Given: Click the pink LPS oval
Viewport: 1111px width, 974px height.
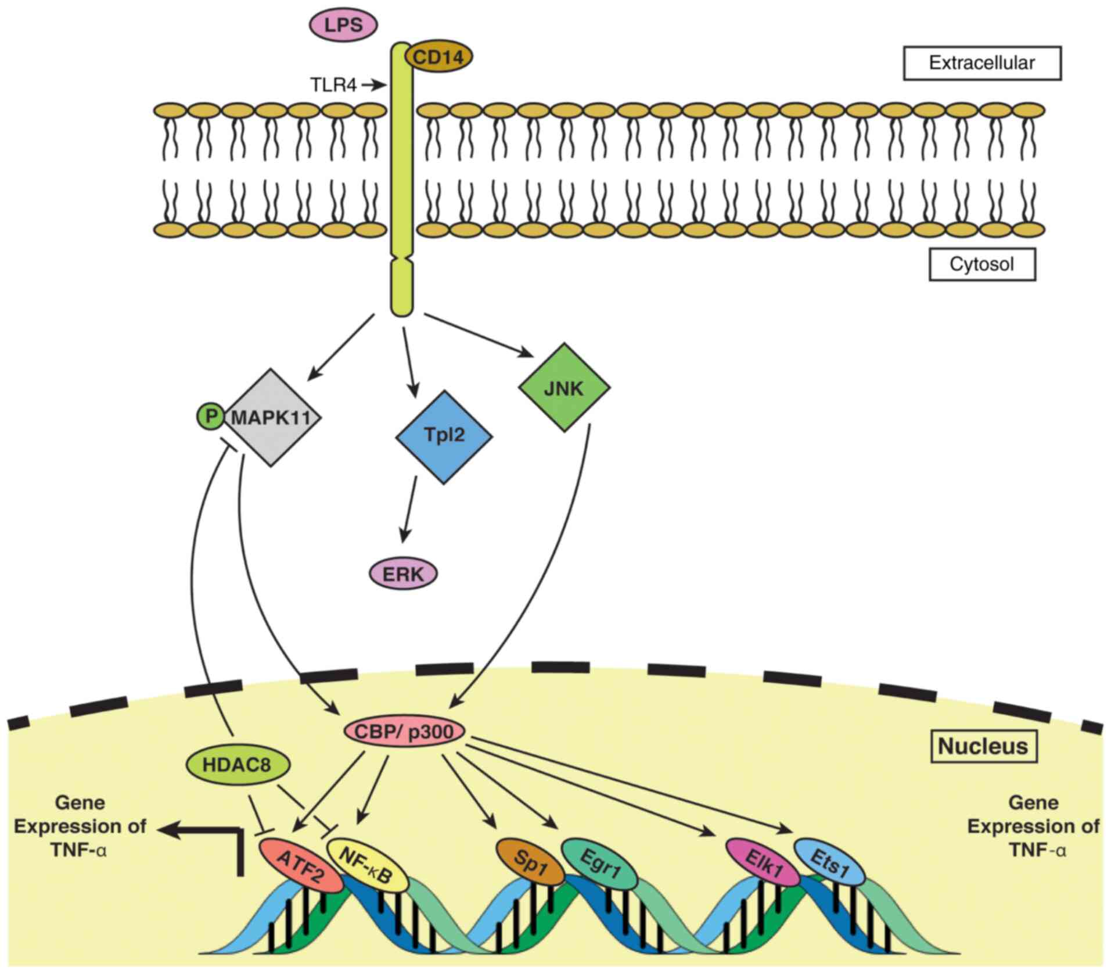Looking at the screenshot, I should point(343,25).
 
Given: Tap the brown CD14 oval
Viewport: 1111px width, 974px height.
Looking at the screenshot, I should point(438,57).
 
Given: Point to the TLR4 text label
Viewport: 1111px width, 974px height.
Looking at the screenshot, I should point(333,85).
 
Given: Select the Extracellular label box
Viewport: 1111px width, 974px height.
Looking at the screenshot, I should point(981,63).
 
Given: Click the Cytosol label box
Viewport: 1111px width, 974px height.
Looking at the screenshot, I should point(981,264).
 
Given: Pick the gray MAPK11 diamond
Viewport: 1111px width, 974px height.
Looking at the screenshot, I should point(272,417).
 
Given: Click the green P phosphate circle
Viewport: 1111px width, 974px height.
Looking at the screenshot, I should point(210,416).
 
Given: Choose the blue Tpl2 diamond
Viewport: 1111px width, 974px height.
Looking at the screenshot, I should point(444,436).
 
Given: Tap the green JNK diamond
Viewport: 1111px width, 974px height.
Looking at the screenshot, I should point(564,388).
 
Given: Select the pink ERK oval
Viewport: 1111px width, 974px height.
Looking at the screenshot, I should point(404,574).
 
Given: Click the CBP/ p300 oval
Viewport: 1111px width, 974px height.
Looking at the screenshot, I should point(404,731).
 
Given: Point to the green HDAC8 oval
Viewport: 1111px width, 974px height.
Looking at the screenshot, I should point(237,765).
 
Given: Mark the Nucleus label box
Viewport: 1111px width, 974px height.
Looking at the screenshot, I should point(983,746).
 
